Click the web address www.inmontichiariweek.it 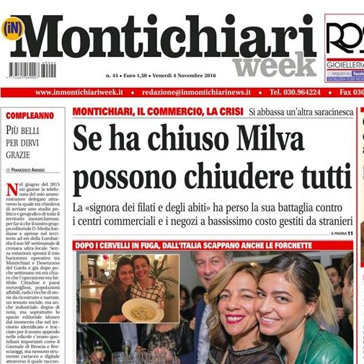pyautogui.click(x=79, y=92)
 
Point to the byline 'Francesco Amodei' pyautogui.click(x=37, y=169)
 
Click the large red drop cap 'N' pyautogui.click(x=12, y=190)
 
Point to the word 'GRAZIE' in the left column pyautogui.click(x=19, y=154)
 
